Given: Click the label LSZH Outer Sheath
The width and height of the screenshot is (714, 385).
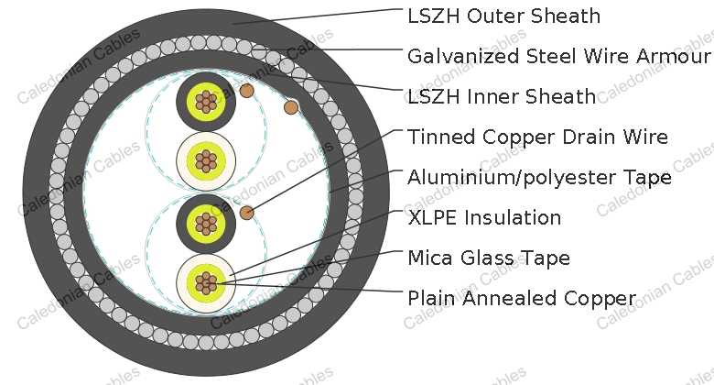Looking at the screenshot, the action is pos(503,16).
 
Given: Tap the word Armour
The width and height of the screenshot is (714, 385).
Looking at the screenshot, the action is pos(673,56).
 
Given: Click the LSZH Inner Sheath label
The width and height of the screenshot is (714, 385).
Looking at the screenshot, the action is pos(502,96).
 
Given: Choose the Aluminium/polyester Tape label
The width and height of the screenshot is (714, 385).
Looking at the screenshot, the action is pos(539,177).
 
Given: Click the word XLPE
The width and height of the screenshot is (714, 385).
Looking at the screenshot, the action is pos(432,217).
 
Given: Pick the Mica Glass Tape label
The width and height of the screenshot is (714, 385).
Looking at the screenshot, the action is pos(489,258).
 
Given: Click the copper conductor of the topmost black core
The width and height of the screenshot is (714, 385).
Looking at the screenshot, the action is pos(206,101).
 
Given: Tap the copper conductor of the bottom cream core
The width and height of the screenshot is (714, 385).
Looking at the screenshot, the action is pos(206,283).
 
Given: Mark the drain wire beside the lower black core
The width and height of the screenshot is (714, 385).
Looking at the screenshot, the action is pos(247,213).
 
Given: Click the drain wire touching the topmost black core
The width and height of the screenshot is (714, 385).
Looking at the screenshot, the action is pos(247,91).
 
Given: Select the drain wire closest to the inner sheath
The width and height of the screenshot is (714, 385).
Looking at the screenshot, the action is pos(291,107).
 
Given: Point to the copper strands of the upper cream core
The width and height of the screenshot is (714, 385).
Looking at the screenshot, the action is pos(206,161).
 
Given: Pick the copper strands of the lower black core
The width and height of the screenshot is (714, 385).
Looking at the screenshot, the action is pos(206,224).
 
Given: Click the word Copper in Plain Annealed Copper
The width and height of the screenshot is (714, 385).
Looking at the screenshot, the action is pos(600,298).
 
